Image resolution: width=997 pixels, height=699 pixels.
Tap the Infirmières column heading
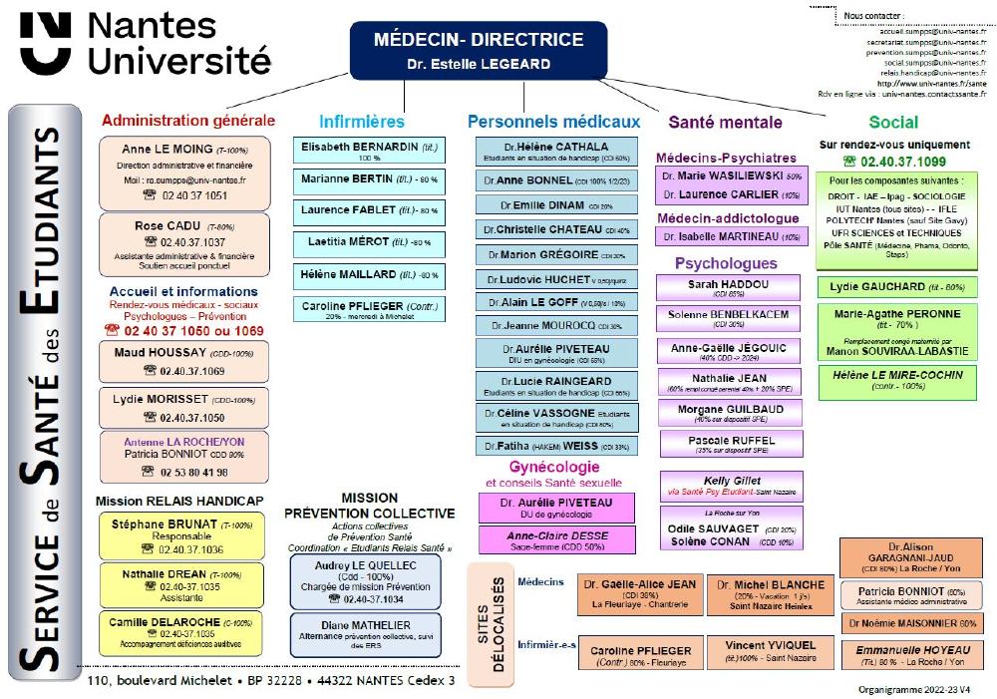(x=362, y=122)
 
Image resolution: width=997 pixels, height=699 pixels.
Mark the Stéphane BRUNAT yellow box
(x=181, y=535)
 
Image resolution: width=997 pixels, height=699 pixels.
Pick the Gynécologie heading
(x=554, y=467)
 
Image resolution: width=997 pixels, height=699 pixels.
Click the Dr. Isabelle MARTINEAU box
(x=730, y=236)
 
